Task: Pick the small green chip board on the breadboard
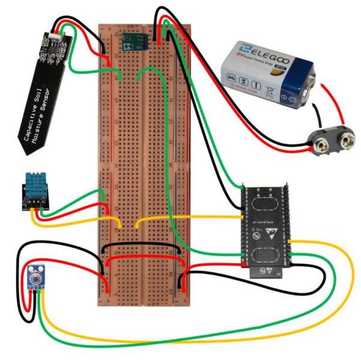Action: click(133, 41)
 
